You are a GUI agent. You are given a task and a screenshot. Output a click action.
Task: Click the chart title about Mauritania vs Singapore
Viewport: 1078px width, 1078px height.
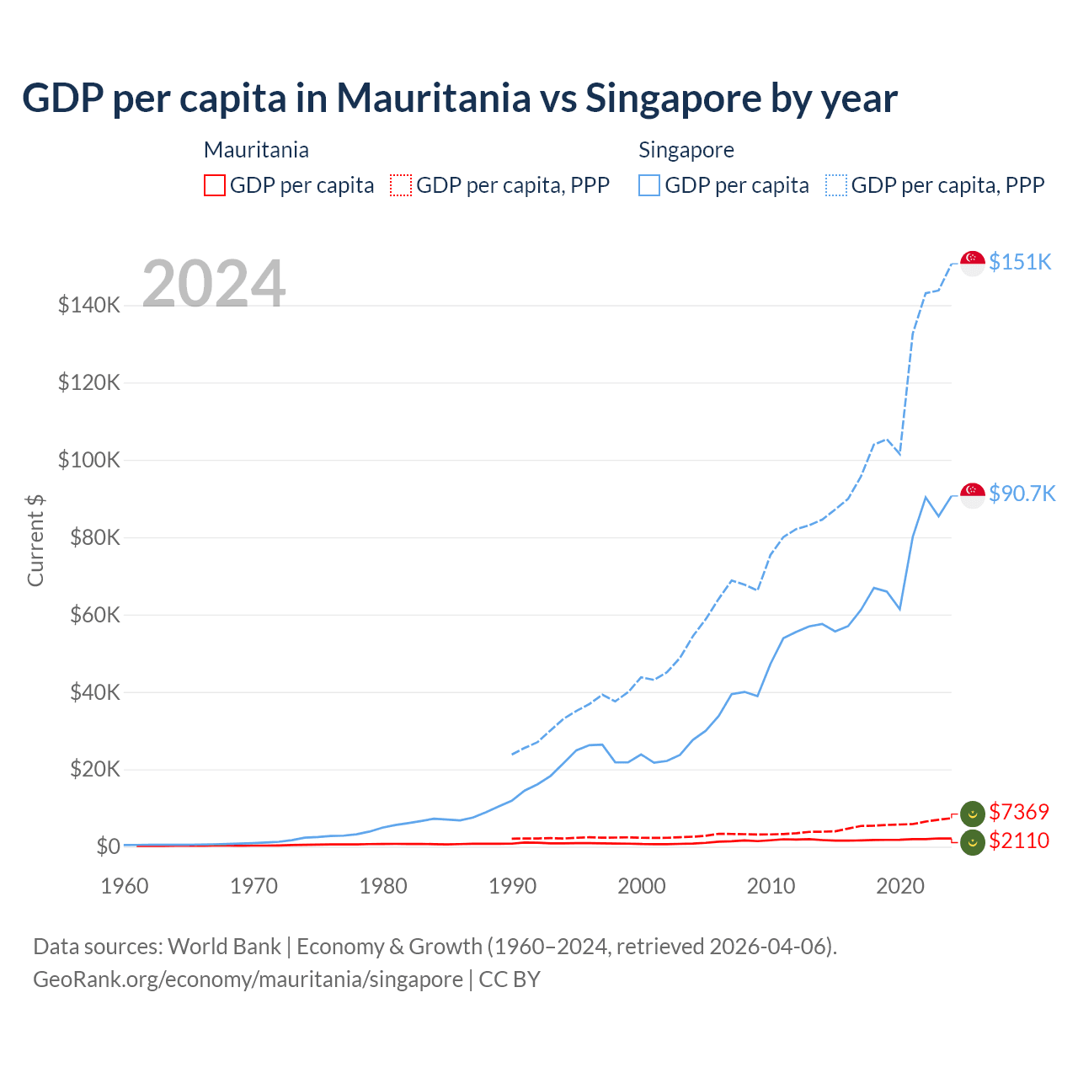(x=460, y=98)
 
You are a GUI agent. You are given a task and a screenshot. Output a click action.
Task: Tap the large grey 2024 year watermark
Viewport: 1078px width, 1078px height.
(x=214, y=284)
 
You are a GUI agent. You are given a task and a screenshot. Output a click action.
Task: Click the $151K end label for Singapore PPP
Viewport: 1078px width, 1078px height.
(x=1020, y=262)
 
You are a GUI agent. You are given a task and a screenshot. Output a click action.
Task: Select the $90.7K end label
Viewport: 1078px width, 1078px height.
(x=1022, y=494)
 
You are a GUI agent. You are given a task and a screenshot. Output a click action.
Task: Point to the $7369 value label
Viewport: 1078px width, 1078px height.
(x=1019, y=812)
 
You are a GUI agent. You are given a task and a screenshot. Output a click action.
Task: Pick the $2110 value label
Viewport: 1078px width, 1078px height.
(x=1019, y=841)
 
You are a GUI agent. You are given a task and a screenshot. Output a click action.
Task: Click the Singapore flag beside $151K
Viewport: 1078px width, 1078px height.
(x=973, y=263)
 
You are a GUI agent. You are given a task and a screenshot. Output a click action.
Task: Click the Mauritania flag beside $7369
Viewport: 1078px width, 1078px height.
(x=973, y=814)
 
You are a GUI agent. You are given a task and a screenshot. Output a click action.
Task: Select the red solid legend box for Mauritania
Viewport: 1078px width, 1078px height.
(x=215, y=185)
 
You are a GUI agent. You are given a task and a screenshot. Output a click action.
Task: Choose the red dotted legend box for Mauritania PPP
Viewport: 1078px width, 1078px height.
(x=401, y=185)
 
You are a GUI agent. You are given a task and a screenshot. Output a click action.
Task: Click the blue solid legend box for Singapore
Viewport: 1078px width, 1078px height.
(x=649, y=185)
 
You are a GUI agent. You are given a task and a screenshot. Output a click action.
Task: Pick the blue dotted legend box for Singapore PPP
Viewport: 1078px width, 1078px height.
(x=836, y=185)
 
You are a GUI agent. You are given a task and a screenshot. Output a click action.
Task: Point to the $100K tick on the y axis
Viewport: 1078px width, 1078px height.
(x=89, y=461)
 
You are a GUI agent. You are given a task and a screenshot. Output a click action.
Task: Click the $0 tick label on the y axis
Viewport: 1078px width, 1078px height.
(x=108, y=846)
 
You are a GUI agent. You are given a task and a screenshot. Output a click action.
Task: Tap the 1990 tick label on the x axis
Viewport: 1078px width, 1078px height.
(x=512, y=886)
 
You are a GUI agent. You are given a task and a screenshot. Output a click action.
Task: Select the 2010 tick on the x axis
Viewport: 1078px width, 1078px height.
(x=771, y=886)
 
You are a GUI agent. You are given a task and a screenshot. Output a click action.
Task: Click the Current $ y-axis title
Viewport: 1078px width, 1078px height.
(x=35, y=541)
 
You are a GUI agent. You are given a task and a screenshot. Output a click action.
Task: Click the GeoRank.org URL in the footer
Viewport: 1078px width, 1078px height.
(x=248, y=979)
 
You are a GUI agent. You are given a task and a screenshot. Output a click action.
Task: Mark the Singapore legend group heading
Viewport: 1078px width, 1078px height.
(x=686, y=150)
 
